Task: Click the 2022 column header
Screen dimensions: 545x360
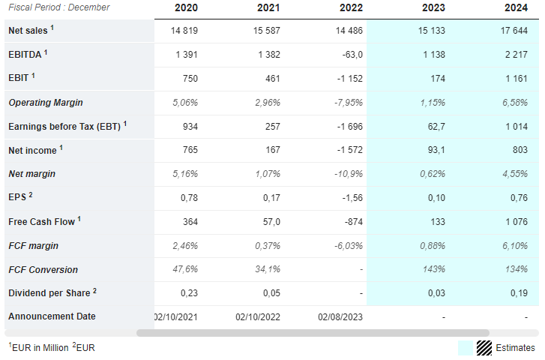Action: [x=351, y=7]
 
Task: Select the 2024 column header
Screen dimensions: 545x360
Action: [x=517, y=7]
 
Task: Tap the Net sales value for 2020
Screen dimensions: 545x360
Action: [x=184, y=31]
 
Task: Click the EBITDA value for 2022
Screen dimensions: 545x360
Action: [x=352, y=55]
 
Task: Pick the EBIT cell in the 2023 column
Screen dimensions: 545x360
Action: [x=438, y=79]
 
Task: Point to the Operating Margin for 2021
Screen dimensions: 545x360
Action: [x=268, y=103]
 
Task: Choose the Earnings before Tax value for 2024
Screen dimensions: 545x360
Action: [x=517, y=127]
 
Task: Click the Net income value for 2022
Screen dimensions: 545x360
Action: [x=349, y=150]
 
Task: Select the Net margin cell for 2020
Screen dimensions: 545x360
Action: [x=185, y=173]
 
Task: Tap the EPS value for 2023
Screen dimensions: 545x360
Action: [x=436, y=198]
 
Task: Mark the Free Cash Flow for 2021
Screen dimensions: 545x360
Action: [x=271, y=222]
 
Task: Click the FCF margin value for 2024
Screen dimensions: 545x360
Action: [x=515, y=246]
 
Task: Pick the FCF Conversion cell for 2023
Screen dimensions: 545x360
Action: [x=434, y=269]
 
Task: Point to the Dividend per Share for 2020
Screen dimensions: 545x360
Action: [x=189, y=293]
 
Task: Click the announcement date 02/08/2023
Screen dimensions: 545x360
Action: [x=340, y=317]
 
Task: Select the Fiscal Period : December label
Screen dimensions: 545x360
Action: [x=59, y=7]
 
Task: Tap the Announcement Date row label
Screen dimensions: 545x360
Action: [x=52, y=316]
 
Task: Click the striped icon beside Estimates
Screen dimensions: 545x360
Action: [x=484, y=348]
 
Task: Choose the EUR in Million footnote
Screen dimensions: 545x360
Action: [x=38, y=347]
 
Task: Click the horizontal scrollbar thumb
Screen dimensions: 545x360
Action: [x=313, y=333]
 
